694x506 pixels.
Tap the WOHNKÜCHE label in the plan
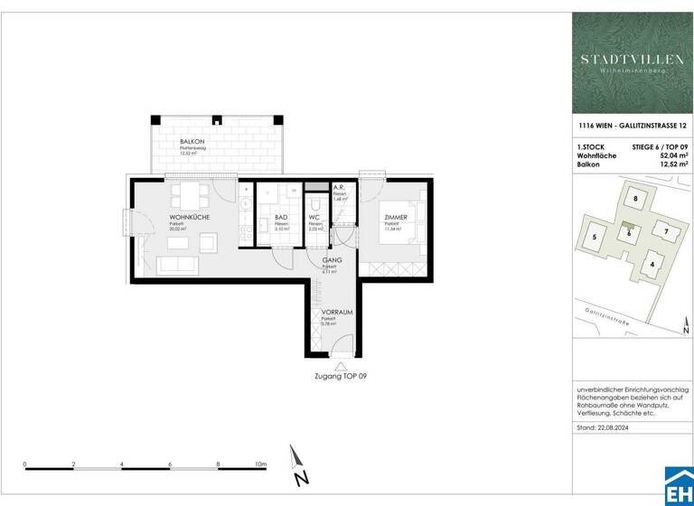(190, 218)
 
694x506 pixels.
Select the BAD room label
(281, 218)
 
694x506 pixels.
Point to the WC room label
(314, 218)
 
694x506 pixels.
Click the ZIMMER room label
(395, 218)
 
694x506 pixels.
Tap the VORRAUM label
(336, 312)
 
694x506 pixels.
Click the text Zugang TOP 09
(339, 375)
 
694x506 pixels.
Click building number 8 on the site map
(635, 199)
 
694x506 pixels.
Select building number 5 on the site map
(595, 238)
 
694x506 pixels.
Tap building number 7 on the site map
(665, 231)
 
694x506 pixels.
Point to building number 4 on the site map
(652, 264)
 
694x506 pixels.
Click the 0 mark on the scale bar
(25, 464)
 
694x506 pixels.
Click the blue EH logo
(678, 488)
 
